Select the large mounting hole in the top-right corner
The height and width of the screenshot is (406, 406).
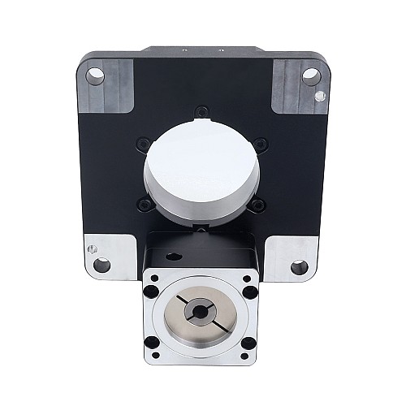tap(310, 76)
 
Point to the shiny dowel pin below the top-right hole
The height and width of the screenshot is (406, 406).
tap(319, 96)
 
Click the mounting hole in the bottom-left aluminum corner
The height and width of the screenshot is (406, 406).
tap(101, 265)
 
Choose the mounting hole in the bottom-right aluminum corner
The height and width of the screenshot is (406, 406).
tap(299, 266)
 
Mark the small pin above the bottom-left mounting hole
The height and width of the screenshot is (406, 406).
tap(93, 248)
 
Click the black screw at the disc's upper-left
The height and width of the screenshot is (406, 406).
tap(145, 144)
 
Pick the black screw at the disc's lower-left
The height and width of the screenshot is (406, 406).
tap(144, 205)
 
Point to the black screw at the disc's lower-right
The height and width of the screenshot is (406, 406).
tap(257, 205)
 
